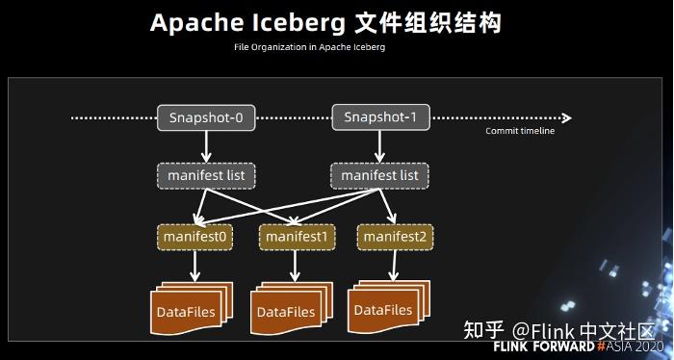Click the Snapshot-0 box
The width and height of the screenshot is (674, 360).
pos(206,118)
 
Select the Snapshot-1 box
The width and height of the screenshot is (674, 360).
pos(379,117)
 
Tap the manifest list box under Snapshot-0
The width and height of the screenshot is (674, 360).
pos(206,176)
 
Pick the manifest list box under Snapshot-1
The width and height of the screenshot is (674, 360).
pos(379,176)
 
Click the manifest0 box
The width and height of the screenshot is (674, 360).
pos(195,236)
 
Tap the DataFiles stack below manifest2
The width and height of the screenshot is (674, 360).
pos(384,308)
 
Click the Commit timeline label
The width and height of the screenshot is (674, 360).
pos(520,131)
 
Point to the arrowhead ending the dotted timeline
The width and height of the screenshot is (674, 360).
pos(566,118)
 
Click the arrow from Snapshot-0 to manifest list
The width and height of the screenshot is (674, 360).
pos(206,146)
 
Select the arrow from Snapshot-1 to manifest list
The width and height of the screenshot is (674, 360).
pos(379,146)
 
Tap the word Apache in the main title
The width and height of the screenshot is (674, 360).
pos(194,23)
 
